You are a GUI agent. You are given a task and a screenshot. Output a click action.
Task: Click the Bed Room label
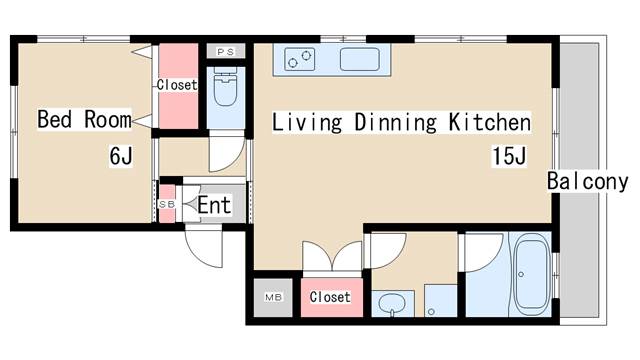pyautogui.click(x=84, y=119)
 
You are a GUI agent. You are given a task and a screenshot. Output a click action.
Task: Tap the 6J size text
pyautogui.click(x=121, y=156)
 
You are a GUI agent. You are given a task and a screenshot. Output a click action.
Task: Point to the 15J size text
pyautogui.click(x=509, y=156)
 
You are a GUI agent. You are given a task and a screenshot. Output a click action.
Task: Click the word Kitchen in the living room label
pyautogui.click(x=490, y=122)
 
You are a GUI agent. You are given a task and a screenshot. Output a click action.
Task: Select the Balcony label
pyautogui.click(x=587, y=181)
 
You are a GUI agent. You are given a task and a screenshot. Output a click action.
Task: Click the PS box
pyautogui.click(x=225, y=51)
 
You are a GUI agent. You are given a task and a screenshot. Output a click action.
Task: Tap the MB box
pyautogui.click(x=273, y=298)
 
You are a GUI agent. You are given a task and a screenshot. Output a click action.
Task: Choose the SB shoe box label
pyautogui.click(x=167, y=204)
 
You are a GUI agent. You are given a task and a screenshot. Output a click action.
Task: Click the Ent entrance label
pyautogui.click(x=214, y=205)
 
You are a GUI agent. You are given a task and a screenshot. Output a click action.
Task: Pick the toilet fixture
pyautogui.click(x=225, y=88)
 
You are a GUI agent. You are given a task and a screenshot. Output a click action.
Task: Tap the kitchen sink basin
pyautogui.click(x=360, y=60)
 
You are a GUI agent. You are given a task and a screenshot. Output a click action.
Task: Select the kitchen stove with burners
pyautogui.click(x=300, y=59)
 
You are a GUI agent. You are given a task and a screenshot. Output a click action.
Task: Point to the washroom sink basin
pyautogui.click(x=392, y=303)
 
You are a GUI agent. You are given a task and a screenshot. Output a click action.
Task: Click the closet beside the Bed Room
pyautogui.click(x=178, y=86)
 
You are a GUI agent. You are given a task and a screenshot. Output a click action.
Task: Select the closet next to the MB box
pyautogui.click(x=331, y=297)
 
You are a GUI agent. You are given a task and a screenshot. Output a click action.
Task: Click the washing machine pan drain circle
pyautogui.click(x=431, y=312)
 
